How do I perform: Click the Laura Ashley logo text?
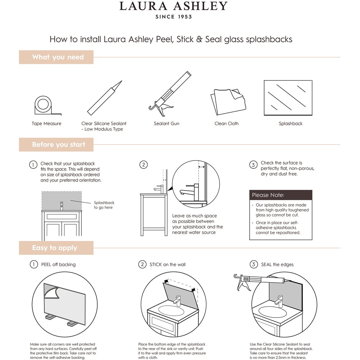(x=174, y=6)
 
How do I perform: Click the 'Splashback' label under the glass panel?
(x=291, y=123)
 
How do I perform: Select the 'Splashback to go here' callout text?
(x=104, y=205)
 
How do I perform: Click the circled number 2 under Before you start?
(x=143, y=165)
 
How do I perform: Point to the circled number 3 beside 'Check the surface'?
(x=253, y=165)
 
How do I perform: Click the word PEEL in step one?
(x=46, y=265)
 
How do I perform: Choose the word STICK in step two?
(x=156, y=265)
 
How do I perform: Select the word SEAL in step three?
(x=266, y=265)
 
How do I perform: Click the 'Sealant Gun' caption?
(x=166, y=123)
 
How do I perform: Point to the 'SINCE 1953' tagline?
(x=174, y=17)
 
